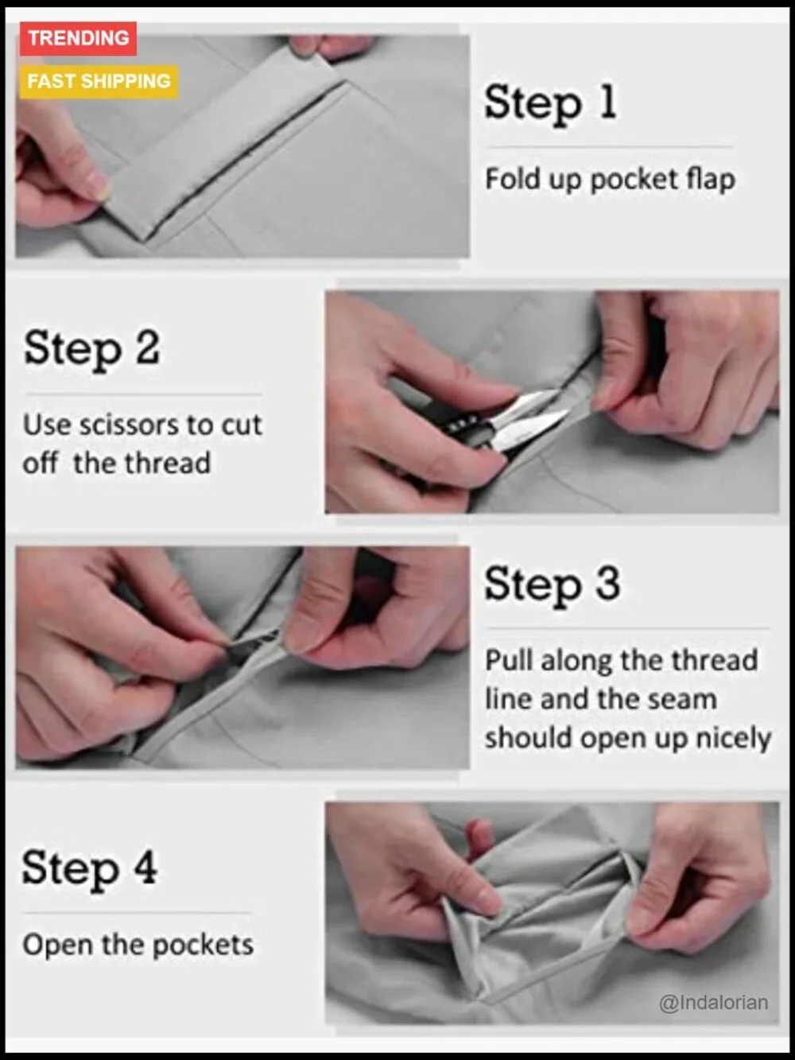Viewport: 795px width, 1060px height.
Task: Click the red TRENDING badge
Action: (x=78, y=39)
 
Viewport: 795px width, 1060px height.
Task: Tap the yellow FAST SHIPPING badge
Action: (x=99, y=82)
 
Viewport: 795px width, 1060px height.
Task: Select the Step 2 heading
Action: (x=91, y=350)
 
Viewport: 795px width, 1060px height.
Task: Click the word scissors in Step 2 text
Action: (x=129, y=425)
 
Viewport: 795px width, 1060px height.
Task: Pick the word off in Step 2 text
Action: (x=41, y=463)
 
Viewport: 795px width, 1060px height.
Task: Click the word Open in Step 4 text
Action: (x=57, y=945)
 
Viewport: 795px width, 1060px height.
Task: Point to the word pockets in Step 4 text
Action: (x=204, y=945)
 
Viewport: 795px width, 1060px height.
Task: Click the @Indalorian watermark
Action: (x=713, y=1003)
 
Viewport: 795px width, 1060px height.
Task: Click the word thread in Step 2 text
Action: (x=167, y=463)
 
